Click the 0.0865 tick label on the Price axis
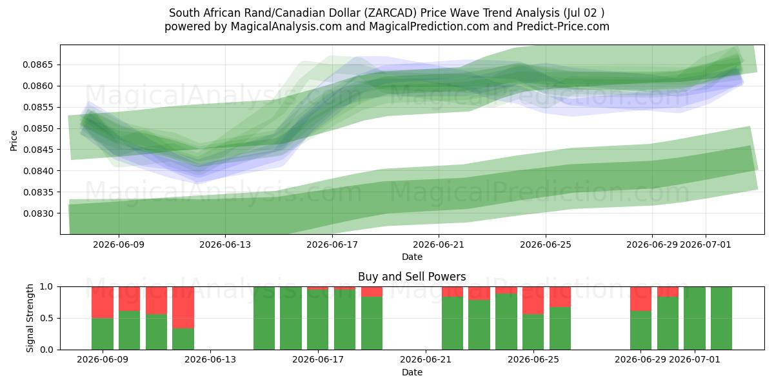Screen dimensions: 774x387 [x=37, y=65]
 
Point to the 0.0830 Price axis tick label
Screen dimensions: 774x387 [x=37, y=213]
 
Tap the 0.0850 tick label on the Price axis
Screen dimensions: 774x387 [x=37, y=128]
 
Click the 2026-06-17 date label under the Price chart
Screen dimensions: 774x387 [x=332, y=244]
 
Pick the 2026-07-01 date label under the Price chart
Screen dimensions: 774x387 [x=706, y=244]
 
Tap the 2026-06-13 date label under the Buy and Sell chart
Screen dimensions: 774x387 [x=210, y=360]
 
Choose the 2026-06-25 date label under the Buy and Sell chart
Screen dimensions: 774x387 [x=533, y=360]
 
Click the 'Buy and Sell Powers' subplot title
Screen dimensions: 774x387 [x=412, y=277]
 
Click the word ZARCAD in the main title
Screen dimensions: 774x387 [x=391, y=13]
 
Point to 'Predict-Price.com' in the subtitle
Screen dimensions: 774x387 [x=563, y=26]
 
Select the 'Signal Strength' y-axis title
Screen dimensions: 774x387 [x=30, y=318]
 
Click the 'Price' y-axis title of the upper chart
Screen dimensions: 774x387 [x=14, y=141]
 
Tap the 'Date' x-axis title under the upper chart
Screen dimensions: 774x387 [x=412, y=257]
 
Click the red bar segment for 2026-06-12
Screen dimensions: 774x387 [x=183, y=308]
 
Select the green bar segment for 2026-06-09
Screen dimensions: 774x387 [x=103, y=334]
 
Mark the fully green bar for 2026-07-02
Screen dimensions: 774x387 [x=721, y=318]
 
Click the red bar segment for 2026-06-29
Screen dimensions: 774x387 [x=640, y=299]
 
